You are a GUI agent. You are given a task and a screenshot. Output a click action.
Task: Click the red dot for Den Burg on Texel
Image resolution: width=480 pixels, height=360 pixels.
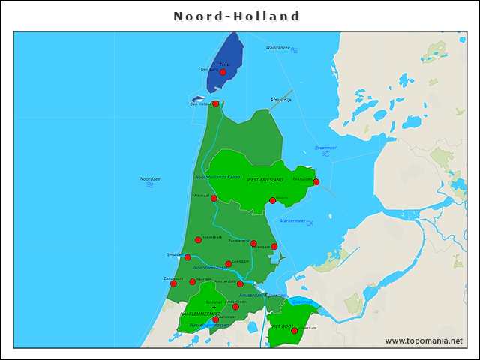click(223, 72)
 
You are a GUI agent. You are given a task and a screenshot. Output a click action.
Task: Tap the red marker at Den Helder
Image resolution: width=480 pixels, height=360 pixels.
click(215, 103)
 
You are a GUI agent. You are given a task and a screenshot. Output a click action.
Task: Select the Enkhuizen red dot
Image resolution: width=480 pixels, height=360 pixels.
click(316, 181)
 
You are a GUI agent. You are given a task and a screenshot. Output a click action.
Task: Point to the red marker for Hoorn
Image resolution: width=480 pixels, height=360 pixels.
click(272, 200)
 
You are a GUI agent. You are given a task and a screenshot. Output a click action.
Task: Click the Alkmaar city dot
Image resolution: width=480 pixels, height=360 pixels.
click(214, 198)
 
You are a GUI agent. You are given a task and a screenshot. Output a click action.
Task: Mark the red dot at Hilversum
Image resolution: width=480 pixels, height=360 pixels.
click(295, 331)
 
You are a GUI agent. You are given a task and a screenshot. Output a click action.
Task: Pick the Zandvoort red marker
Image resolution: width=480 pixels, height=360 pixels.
click(173, 283)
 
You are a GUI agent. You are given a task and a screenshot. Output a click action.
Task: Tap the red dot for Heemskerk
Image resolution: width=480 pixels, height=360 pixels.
click(198, 240)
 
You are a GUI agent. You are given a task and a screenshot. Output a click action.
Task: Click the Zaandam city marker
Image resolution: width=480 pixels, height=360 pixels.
click(229, 264)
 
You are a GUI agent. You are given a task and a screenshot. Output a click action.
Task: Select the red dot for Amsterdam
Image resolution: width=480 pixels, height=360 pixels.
click(240, 284)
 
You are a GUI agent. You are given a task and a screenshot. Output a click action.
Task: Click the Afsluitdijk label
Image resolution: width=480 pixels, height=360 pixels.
click(280, 99)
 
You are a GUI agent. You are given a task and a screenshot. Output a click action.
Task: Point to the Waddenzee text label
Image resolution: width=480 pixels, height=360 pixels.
click(277, 48)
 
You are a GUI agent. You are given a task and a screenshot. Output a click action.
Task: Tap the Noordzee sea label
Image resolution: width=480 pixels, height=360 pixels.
click(150, 179)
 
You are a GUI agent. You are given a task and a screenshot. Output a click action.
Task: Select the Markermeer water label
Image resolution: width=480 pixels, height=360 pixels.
click(292, 221)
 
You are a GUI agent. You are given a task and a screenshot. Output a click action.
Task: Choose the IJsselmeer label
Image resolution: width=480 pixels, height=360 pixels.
click(325, 148)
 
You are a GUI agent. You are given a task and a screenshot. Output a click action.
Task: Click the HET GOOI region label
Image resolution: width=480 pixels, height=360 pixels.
click(282, 327)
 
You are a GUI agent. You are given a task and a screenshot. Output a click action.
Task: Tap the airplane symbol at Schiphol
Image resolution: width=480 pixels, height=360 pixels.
click(214, 307)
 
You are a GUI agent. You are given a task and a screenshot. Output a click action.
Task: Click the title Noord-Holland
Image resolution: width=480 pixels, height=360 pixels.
click(237, 16)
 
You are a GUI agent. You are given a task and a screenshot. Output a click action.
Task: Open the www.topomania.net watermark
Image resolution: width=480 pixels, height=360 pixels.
click(424, 341)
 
